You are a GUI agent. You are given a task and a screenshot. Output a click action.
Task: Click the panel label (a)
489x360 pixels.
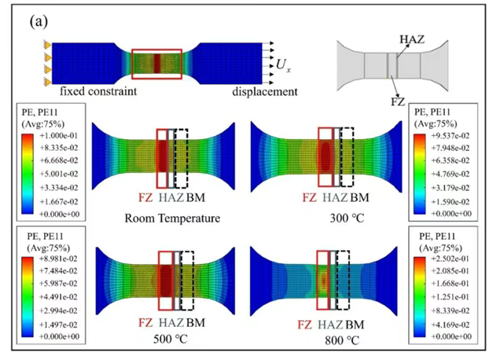(39, 22)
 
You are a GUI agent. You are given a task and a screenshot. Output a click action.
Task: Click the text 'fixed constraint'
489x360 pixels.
(98, 91)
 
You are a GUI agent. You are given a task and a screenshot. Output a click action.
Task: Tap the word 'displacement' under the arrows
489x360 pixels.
(265, 92)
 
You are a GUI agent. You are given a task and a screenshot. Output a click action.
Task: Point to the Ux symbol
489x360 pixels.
(283, 65)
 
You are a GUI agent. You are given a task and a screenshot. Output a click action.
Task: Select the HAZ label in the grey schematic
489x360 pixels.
(412, 39)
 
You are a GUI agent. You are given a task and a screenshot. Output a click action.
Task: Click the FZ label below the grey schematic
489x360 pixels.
(398, 101)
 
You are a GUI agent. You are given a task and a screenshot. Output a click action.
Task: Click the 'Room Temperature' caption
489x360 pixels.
(172, 219)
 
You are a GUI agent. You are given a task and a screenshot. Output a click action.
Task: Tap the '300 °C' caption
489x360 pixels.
(347, 219)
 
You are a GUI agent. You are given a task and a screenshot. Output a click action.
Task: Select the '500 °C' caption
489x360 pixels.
(171, 339)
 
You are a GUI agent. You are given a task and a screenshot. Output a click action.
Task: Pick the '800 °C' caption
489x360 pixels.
(342, 340)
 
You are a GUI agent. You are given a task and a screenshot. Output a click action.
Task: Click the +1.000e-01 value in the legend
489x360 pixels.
(59, 135)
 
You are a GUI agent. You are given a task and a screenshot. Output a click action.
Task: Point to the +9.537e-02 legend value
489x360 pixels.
(450, 136)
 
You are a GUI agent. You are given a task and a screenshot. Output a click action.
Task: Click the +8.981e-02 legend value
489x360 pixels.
(58, 259)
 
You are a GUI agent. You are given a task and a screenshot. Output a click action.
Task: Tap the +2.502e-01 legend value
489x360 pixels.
(450, 259)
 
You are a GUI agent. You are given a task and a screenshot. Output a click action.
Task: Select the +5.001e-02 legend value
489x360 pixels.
(59, 174)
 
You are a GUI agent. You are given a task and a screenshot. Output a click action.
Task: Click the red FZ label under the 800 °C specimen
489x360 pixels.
(305, 325)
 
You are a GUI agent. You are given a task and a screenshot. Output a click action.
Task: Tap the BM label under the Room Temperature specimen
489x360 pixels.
(196, 197)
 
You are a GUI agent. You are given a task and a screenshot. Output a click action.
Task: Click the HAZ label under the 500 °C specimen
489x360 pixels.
(171, 322)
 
